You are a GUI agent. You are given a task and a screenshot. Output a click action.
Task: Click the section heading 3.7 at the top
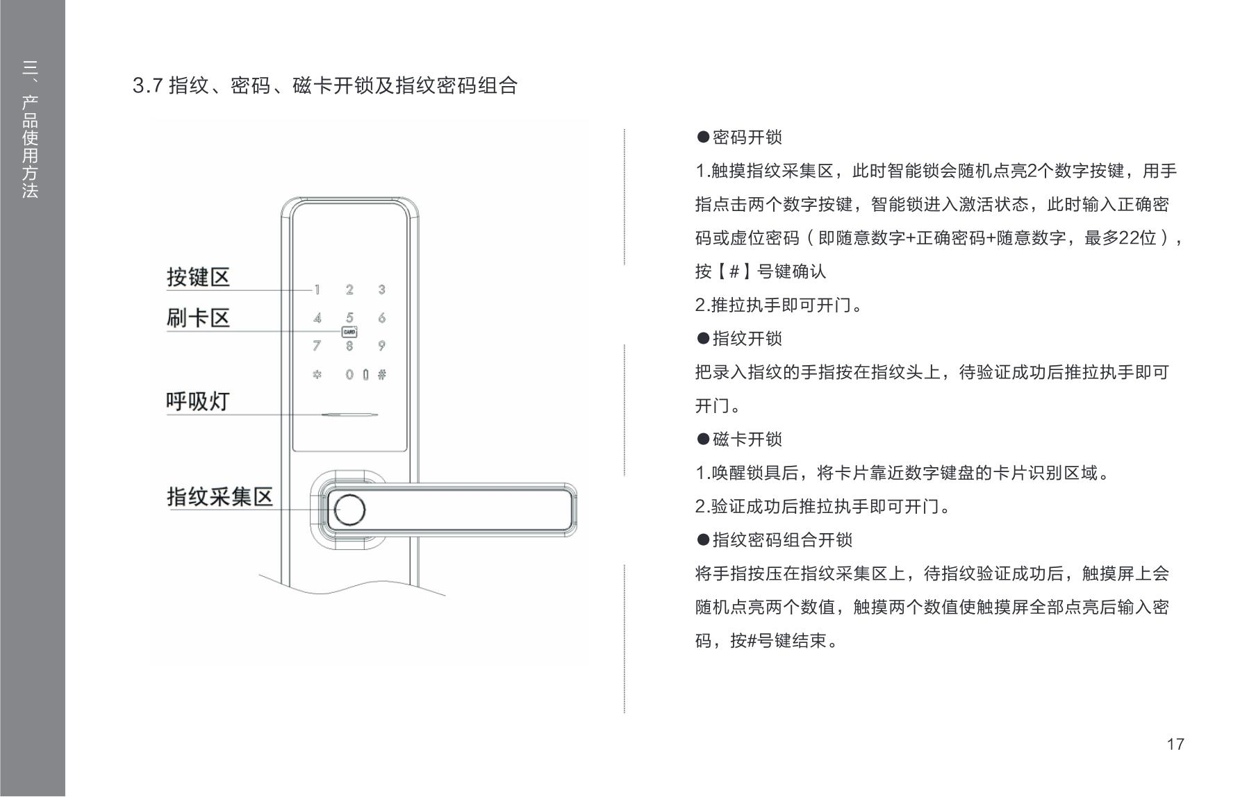tap(325, 86)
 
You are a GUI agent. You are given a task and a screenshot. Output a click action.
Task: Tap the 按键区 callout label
tap(198, 277)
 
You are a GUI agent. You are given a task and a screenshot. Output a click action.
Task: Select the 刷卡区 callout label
tap(198, 318)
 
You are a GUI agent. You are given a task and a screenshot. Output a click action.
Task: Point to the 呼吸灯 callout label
tap(198, 401)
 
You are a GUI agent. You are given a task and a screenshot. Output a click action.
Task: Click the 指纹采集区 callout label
tap(220, 496)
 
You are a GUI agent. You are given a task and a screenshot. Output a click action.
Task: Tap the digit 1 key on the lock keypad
tap(317, 290)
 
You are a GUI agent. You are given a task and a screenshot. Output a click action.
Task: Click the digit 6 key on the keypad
tap(381, 318)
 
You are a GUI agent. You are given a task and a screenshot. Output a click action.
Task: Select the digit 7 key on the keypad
tap(317, 346)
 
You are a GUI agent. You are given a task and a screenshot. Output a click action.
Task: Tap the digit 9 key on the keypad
tap(381, 346)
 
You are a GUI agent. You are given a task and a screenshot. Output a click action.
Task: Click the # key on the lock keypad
tap(381, 375)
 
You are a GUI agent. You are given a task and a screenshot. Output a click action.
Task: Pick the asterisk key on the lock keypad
tap(317, 375)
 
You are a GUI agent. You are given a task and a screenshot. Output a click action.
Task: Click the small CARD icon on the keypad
tap(349, 332)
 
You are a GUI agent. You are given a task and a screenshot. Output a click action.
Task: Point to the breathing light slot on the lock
tap(349, 415)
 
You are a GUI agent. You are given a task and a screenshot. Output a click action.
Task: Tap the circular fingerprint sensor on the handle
tap(349, 510)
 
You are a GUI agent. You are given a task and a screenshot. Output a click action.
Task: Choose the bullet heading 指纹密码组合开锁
tap(774, 540)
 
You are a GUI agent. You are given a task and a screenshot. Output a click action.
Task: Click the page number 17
tap(1175, 744)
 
